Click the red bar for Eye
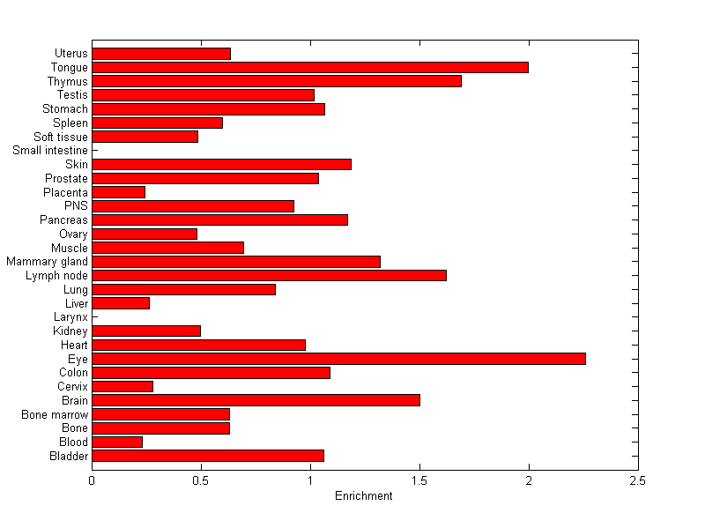coord(338,359)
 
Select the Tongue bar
coord(310,67)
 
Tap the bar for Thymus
coord(277,81)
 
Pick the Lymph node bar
coord(269,275)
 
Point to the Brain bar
coord(256,400)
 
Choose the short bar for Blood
coord(117,442)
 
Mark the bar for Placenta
coord(118,192)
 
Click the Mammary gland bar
coord(236,262)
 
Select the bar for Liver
coord(121,303)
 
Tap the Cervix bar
coord(122,386)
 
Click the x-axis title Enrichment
coord(364,496)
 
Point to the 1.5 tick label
coord(419,480)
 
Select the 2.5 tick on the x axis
coord(638,480)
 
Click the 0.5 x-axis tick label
coord(201,480)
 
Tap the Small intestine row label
coord(50,151)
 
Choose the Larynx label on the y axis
coord(70,317)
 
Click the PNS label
coord(76,206)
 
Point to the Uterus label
coord(70,54)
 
